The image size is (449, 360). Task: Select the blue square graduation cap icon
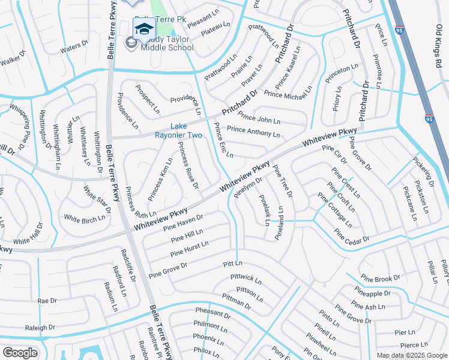(x=143, y=28)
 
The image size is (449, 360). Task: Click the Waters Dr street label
(x=74, y=47)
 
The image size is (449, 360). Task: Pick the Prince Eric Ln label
(x=222, y=141)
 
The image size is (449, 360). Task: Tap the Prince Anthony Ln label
(x=253, y=131)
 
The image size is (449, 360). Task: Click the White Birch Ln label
(x=84, y=219)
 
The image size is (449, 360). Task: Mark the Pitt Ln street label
(x=232, y=263)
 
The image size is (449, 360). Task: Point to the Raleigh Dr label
(x=40, y=328)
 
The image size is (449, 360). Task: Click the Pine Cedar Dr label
(x=352, y=237)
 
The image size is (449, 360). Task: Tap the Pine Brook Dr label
(x=381, y=279)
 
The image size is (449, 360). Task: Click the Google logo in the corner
(x=20, y=352)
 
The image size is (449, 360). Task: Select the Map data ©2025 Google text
(x=411, y=355)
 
